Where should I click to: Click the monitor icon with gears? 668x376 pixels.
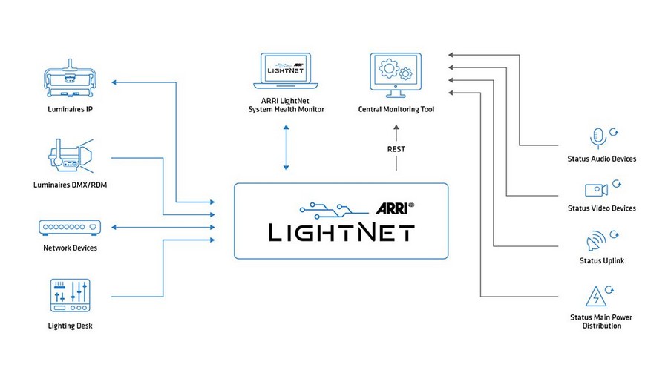coord(395,74)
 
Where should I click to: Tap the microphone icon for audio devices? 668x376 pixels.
coord(597,138)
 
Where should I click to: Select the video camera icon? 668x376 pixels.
coord(597,189)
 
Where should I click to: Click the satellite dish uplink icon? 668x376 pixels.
coord(597,241)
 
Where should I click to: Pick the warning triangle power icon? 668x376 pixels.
coord(597,295)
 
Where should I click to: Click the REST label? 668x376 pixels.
coord(396,149)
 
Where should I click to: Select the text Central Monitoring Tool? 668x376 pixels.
coord(395,110)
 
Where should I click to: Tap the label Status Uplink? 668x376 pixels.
coord(602,260)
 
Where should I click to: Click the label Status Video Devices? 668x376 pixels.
coord(602,208)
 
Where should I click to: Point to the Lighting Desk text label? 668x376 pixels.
coord(69,326)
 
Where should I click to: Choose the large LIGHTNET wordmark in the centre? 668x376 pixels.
coord(341,231)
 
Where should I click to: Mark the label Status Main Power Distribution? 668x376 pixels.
coord(602,322)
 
